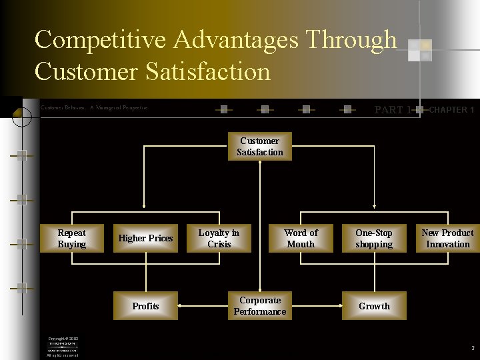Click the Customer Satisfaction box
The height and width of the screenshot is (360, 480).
pos(260,147)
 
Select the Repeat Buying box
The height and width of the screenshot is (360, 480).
pos(71,239)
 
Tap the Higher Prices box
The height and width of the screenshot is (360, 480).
pos(145,239)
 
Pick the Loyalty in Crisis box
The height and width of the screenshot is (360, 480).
pos(219,239)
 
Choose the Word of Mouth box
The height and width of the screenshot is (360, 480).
pos(301,239)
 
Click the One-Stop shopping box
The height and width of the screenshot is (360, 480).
pos(374,239)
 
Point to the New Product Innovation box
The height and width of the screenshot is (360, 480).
pos(447,239)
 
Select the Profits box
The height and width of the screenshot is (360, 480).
pos(145,306)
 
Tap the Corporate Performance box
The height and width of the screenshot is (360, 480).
pos(260,306)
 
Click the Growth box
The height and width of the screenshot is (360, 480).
pos(374,306)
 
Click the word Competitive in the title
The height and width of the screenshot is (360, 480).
pos(100,40)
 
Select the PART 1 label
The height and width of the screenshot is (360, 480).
pos(393,110)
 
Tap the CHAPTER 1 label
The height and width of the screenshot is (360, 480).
pos(451,110)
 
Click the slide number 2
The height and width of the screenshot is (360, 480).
pos(472,348)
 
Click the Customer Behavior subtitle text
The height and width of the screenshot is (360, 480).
pos(94,107)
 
